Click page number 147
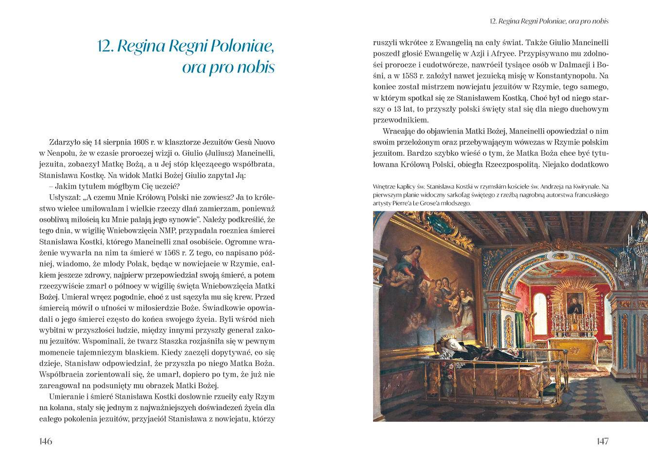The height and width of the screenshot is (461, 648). coord(602,441)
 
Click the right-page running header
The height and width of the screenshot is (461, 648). coord(549,21)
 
